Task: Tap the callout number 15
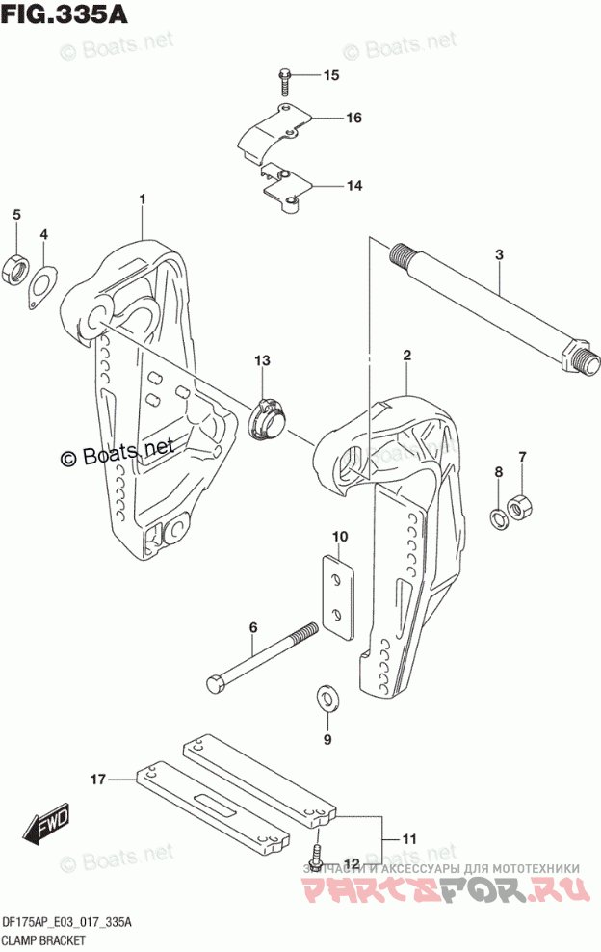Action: (x=330, y=75)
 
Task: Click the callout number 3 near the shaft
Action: (x=499, y=255)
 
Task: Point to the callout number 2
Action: (x=407, y=356)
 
